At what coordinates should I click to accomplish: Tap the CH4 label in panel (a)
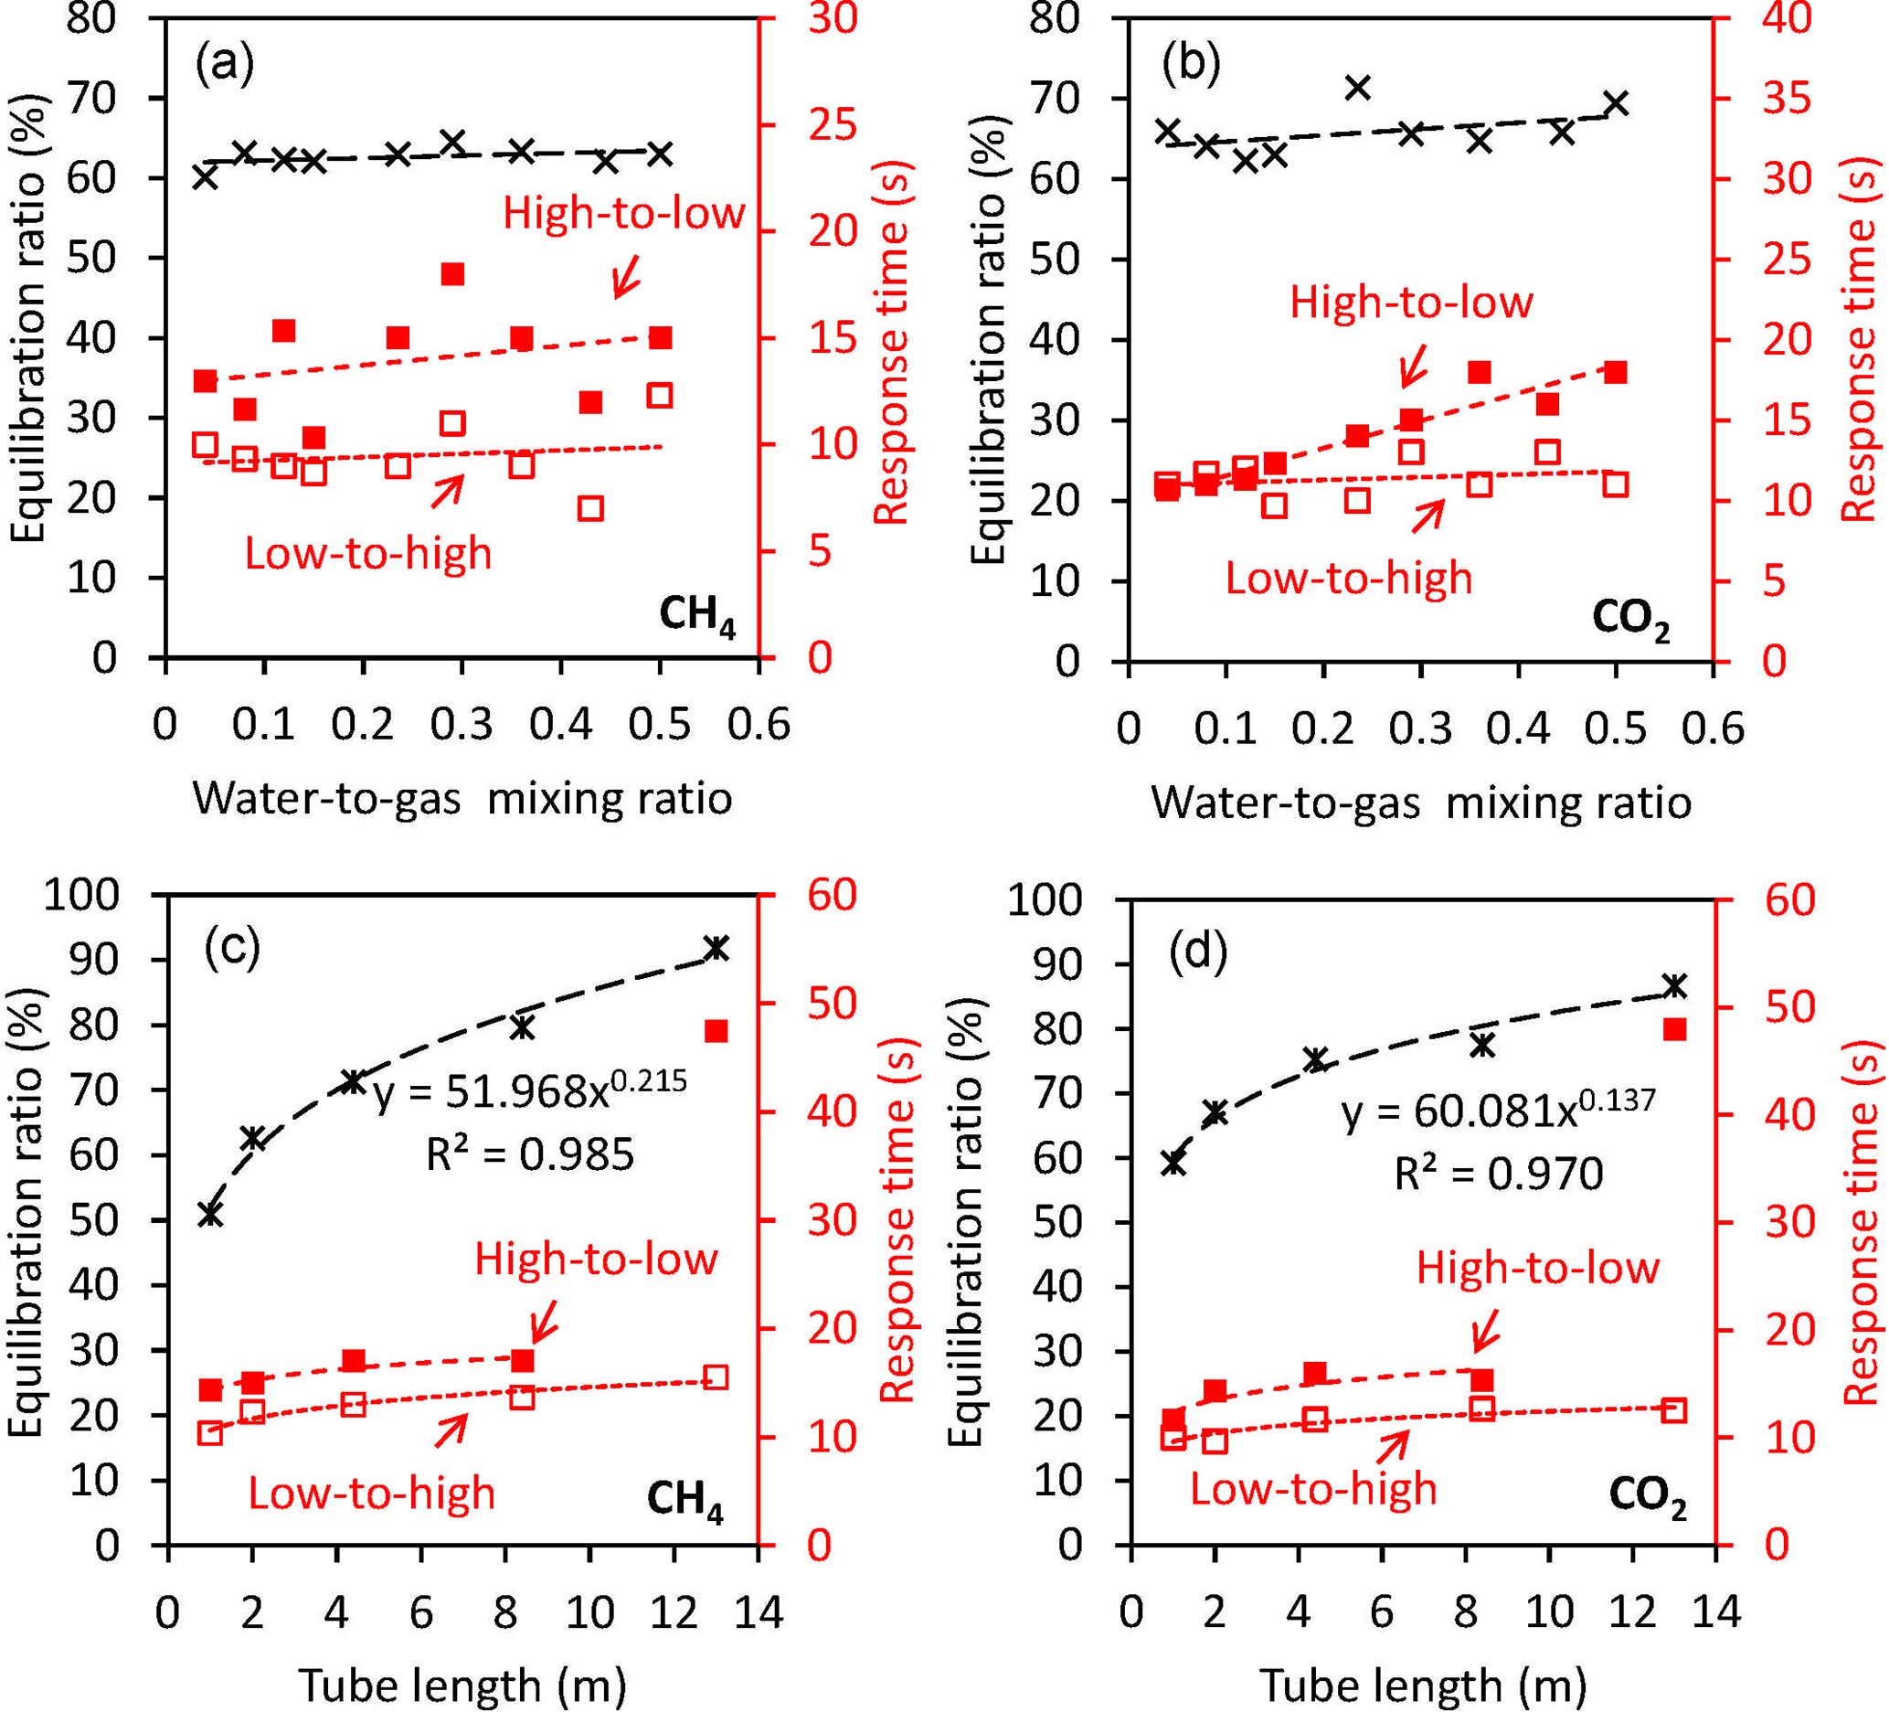(x=697, y=616)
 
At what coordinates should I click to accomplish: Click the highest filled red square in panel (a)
(x=453, y=274)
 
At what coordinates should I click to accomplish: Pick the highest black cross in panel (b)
(x=1358, y=88)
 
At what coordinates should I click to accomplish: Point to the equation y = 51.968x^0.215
(x=530, y=1090)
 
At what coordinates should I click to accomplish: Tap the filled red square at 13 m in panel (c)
(x=716, y=1032)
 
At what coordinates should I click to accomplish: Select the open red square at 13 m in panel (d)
(x=1674, y=1410)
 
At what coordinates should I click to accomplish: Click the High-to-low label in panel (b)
(x=1411, y=303)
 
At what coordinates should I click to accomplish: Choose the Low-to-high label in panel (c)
(x=371, y=1493)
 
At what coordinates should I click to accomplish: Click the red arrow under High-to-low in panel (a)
(x=625, y=276)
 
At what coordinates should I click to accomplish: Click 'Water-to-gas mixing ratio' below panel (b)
(x=1421, y=803)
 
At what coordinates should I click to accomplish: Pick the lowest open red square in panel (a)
(x=590, y=509)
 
